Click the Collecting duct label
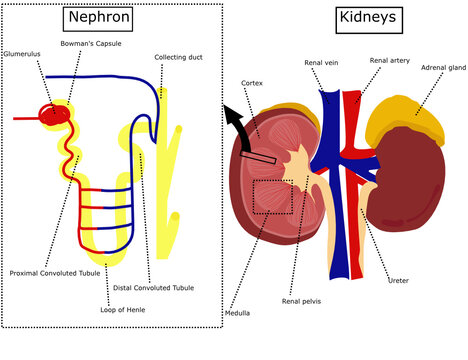point(179,57)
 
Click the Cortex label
point(251,82)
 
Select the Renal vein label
point(323,63)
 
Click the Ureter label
point(398,281)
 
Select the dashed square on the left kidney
point(273,197)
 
